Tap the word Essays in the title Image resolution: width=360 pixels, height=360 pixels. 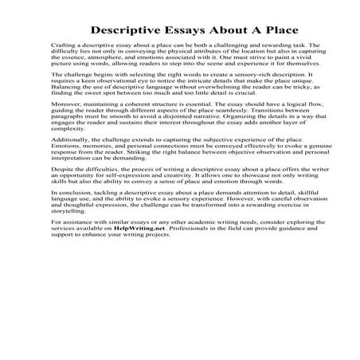(190, 29)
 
